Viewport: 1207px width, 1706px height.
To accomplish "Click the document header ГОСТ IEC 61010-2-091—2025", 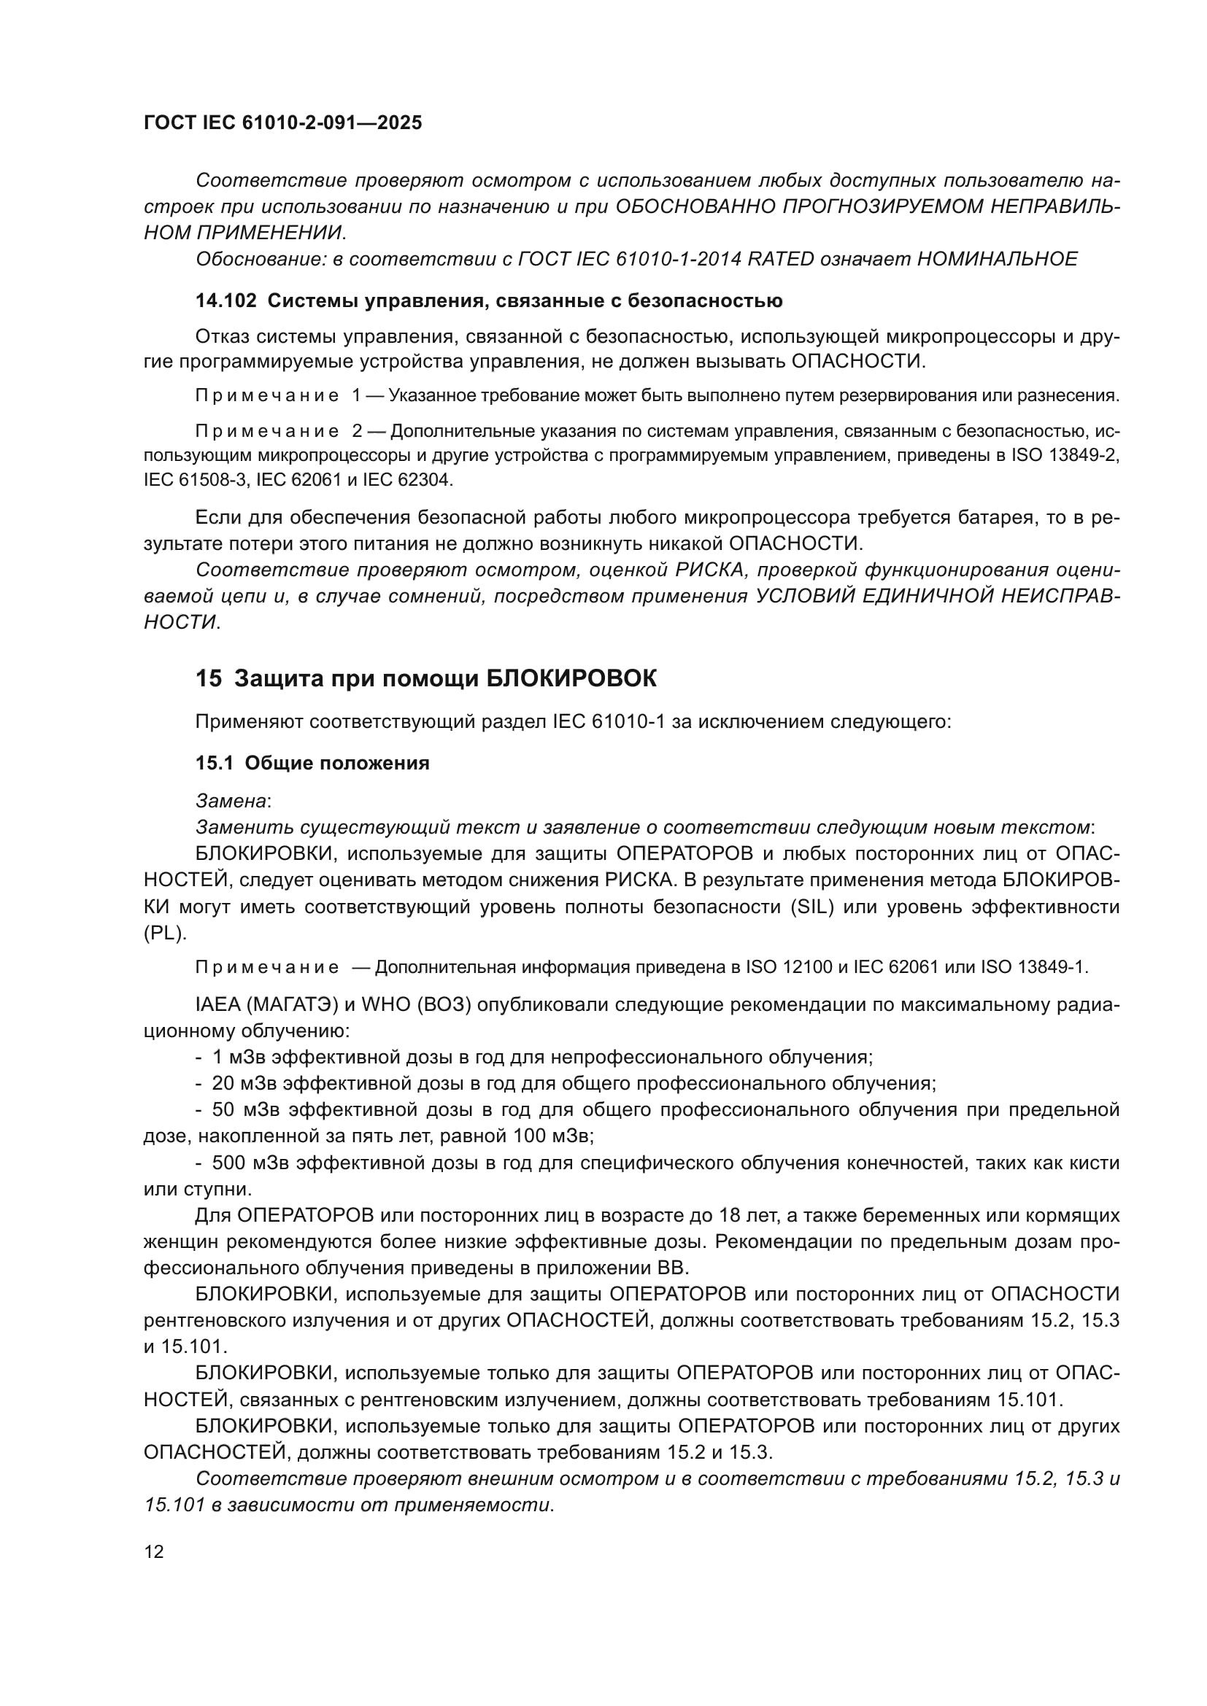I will [x=282, y=123].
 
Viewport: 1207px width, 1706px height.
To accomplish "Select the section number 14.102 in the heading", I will [x=226, y=301].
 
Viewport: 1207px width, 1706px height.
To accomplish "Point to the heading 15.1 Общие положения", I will [x=312, y=763].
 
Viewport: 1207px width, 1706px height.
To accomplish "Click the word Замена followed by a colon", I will [x=231, y=801].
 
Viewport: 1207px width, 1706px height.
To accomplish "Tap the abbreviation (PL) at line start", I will [x=164, y=934].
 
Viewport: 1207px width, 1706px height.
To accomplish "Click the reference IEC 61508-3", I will [x=194, y=480].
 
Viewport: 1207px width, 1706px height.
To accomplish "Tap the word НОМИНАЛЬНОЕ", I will [x=998, y=260].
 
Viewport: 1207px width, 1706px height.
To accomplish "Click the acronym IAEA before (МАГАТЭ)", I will [x=214, y=1005].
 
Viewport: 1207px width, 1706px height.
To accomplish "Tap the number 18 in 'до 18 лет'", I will [x=730, y=1216].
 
